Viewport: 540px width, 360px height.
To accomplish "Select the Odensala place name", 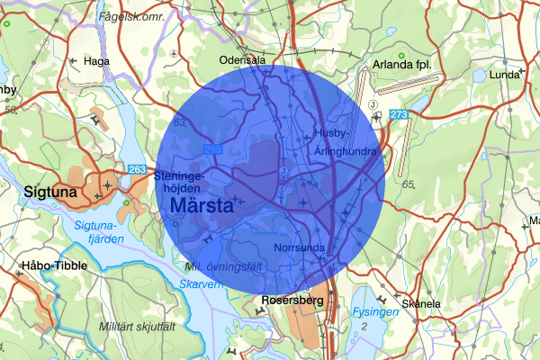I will pyautogui.click(x=245, y=60).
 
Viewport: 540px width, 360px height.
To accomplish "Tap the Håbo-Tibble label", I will pyautogui.click(x=47, y=267).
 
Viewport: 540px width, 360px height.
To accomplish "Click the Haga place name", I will pyautogui.click(x=95, y=61).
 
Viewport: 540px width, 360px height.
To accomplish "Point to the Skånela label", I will pyautogui.click(x=421, y=304).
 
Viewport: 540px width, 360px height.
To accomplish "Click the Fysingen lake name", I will pyautogui.click(x=375, y=312).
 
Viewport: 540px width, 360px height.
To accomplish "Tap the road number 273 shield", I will pyautogui.click(x=400, y=114).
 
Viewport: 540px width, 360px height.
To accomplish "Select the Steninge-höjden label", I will pyautogui.click(x=184, y=183).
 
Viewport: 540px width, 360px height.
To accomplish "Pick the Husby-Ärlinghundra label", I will pyautogui.click(x=345, y=142).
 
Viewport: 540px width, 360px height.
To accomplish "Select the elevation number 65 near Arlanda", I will pyautogui.click(x=409, y=184).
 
